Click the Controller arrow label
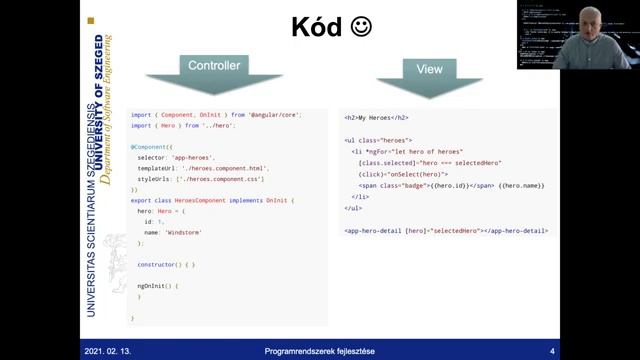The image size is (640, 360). (x=214, y=66)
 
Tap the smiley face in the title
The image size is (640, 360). (x=361, y=27)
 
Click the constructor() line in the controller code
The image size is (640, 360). (x=166, y=264)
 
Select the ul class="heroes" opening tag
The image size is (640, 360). (x=378, y=140)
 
